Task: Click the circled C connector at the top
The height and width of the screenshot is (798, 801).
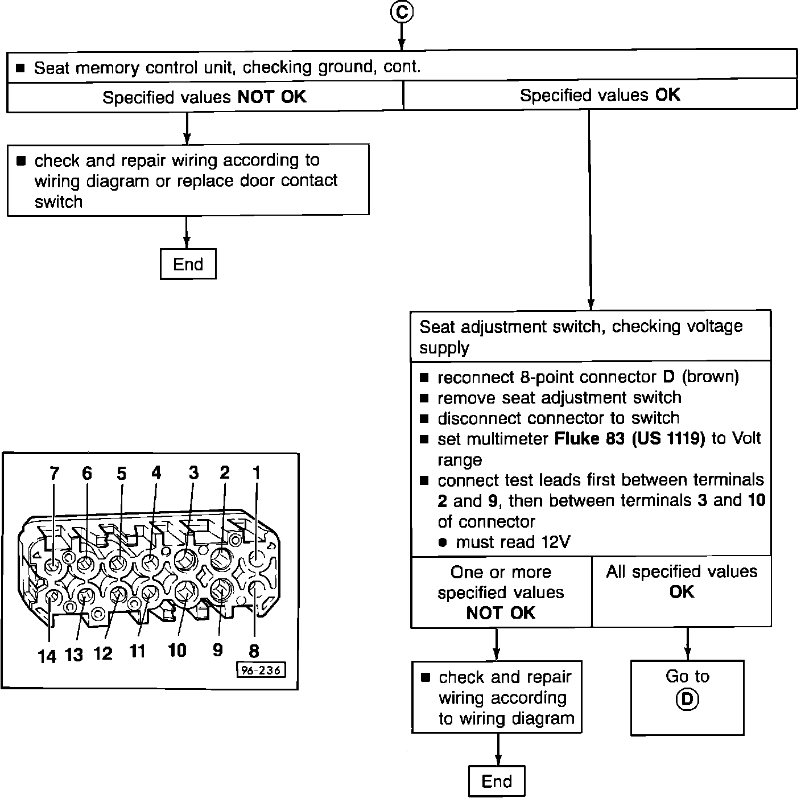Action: pos(402,11)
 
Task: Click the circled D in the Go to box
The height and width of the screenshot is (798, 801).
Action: pos(687,699)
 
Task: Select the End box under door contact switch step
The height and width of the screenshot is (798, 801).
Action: pos(188,264)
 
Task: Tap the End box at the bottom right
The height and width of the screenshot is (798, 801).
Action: pos(497,781)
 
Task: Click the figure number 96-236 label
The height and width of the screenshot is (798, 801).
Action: pos(261,670)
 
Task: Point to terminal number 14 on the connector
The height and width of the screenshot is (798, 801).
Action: pos(47,656)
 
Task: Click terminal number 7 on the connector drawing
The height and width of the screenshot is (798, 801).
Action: pos(55,474)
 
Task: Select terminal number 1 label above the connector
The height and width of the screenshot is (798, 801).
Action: pos(257,472)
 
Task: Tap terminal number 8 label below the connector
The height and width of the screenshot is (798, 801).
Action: pos(254,651)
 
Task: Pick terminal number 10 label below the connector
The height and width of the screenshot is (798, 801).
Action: pos(177,650)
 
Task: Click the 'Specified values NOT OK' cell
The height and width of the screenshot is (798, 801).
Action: pos(204,97)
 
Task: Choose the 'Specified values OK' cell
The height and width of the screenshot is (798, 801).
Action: pos(600,95)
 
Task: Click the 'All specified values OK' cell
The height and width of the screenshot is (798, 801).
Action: pos(682,582)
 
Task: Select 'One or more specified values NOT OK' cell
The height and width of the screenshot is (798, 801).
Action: pos(501,592)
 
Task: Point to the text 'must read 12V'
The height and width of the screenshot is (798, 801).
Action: pos(513,542)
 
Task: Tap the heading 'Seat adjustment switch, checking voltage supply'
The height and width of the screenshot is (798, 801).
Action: pos(580,336)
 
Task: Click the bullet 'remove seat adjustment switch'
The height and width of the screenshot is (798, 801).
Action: pos(559,397)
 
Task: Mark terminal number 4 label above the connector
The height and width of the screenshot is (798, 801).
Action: pos(156,472)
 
